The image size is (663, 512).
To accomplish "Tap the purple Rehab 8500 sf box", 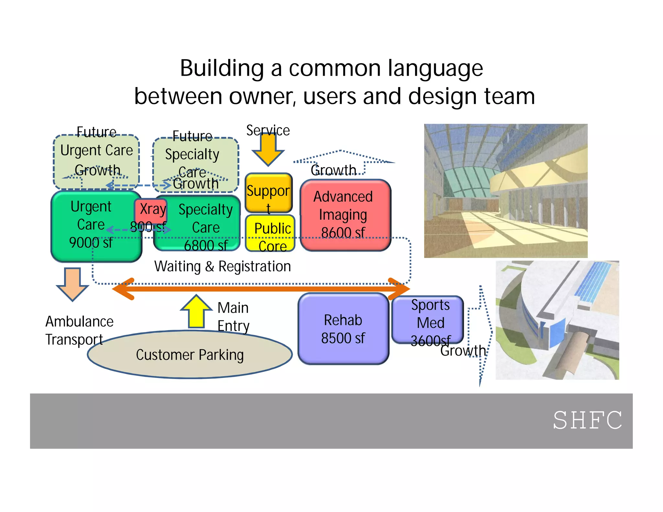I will (343, 329).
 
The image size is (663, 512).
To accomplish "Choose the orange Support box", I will (268, 192).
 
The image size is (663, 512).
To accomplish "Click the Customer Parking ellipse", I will (190, 355).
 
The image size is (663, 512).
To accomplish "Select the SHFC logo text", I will (587, 420).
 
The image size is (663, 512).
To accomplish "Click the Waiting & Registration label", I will (223, 266).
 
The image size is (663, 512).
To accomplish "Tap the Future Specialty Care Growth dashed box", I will (196, 163).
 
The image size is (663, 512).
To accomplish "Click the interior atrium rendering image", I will (506, 191).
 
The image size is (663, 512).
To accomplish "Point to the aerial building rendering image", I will (557, 320).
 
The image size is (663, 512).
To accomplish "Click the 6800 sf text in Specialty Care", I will (206, 246).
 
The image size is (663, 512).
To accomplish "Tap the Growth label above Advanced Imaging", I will (333, 170).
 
